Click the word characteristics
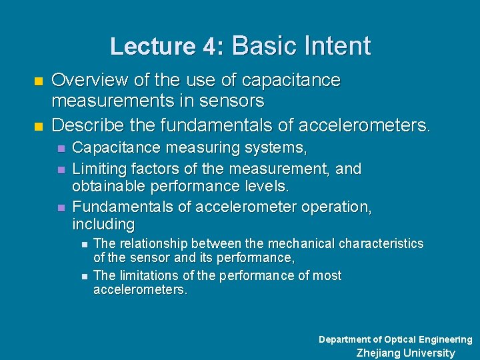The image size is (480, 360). (381, 243)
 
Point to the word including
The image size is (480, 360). (103, 224)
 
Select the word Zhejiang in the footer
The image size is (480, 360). (379, 353)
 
